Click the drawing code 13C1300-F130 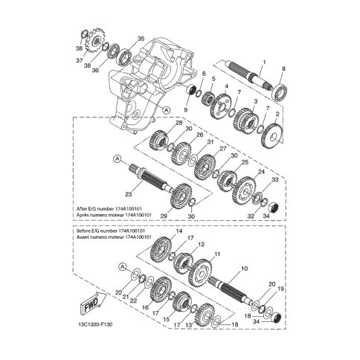[x=94, y=324]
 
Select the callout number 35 [x=141, y=39]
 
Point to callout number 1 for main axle [x=264, y=62]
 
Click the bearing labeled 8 [x=281, y=92]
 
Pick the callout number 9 [x=186, y=109]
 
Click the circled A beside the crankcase [x=167, y=109]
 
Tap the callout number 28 [x=179, y=123]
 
